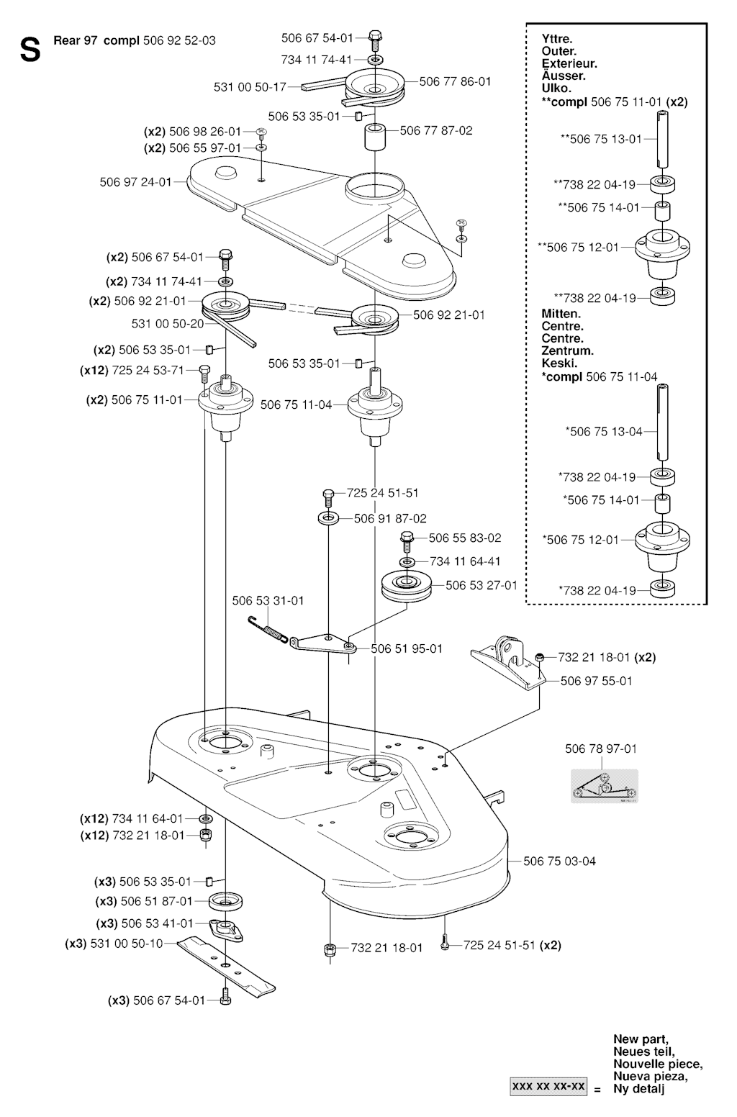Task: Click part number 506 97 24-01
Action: click(x=135, y=182)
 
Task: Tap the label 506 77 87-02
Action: click(x=436, y=130)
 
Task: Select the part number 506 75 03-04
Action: click(x=559, y=861)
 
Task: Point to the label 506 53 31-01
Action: click(x=268, y=600)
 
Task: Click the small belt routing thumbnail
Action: click(x=604, y=784)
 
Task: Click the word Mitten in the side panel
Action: click(x=561, y=314)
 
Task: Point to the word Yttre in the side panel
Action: click(x=557, y=40)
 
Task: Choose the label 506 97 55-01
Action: click(x=596, y=680)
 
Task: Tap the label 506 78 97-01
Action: click(x=601, y=749)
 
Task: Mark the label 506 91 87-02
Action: click(x=390, y=518)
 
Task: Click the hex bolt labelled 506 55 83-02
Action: click(x=406, y=538)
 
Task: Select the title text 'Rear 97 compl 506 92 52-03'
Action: click(x=135, y=40)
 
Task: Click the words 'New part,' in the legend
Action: click(x=641, y=1039)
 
